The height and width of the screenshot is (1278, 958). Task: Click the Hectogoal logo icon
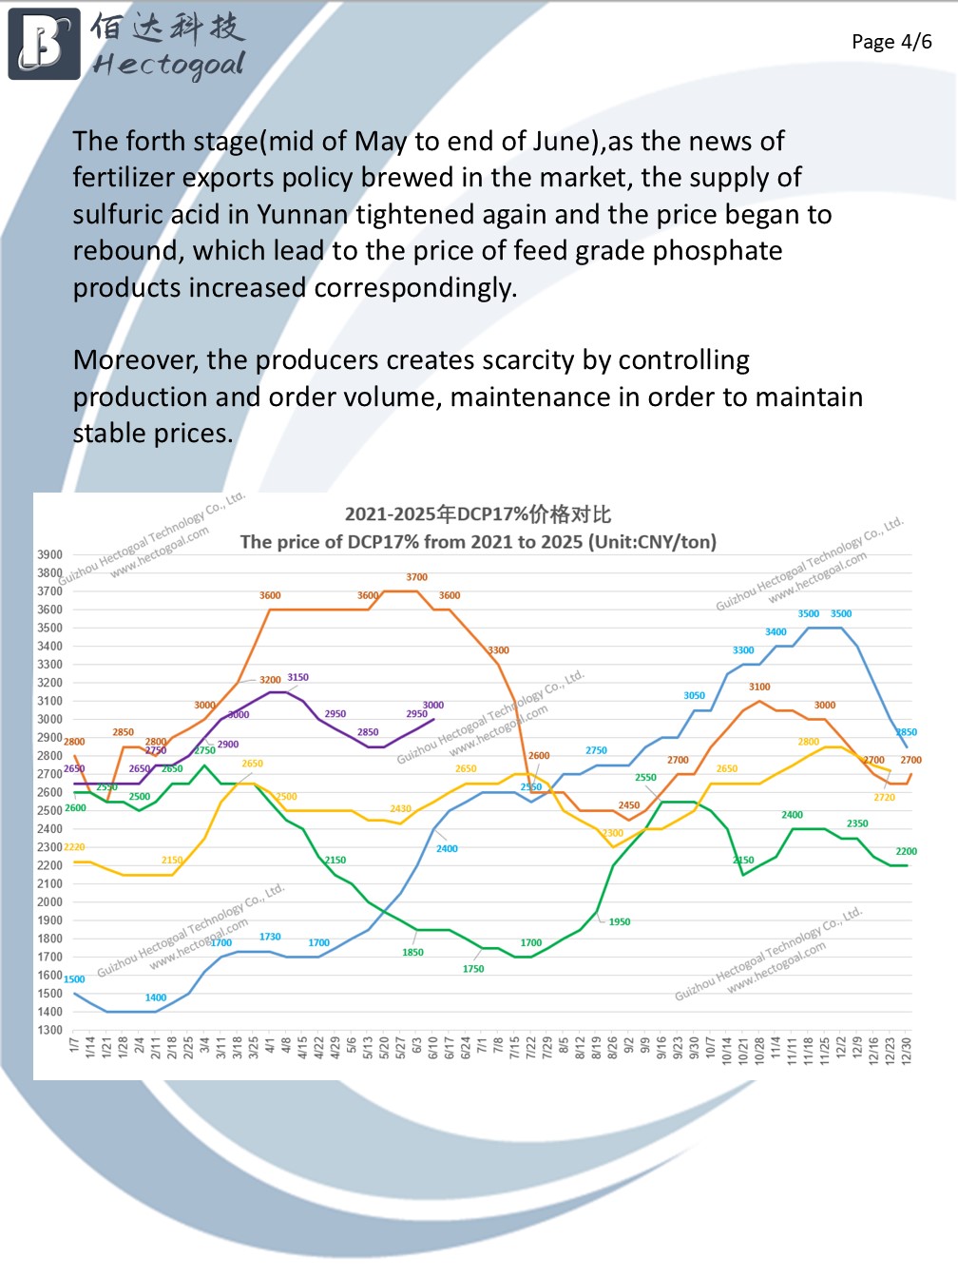44,44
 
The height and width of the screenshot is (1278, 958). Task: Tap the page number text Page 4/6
891,42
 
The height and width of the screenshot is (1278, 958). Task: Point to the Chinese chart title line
477,514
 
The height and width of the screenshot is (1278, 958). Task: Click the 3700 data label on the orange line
416,577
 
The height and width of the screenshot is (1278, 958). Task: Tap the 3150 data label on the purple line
297,678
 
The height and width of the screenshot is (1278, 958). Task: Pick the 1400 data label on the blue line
156,997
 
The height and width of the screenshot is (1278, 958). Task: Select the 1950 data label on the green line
619,921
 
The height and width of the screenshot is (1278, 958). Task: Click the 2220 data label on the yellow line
74,846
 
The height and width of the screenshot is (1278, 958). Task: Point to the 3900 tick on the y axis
50,554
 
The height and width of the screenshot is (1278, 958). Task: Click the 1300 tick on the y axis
50,1030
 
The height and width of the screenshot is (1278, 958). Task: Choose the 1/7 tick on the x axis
74,1046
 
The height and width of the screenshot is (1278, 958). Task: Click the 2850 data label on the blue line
906,732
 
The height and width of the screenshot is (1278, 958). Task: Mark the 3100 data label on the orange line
759,687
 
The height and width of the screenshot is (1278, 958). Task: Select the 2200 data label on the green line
906,851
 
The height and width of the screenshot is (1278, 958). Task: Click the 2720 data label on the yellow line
884,797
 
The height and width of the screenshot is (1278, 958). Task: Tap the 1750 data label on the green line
473,969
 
